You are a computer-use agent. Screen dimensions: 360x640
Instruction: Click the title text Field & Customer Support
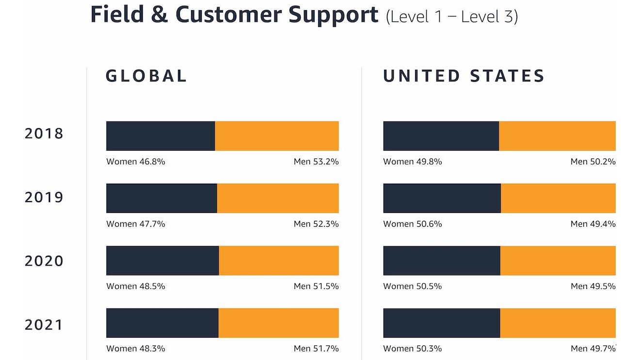coord(234,15)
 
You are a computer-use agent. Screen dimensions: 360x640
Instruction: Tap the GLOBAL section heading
coord(146,76)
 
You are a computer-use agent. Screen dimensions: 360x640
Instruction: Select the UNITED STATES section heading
coord(464,76)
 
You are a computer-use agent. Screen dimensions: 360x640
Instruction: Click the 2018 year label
coord(44,134)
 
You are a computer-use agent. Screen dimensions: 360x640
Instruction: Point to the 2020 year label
coord(44,261)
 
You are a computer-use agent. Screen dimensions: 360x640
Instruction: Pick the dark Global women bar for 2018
coord(160,136)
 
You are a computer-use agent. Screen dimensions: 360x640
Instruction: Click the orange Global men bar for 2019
coord(278,198)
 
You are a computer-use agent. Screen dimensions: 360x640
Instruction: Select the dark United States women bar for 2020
coord(441,261)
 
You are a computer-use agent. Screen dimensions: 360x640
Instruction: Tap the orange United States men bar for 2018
coord(557,136)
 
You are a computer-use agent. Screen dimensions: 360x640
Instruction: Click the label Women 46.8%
coord(136,162)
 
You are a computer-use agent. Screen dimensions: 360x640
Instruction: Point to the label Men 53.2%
coord(316,162)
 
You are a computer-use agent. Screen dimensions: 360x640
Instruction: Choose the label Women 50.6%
coord(413,224)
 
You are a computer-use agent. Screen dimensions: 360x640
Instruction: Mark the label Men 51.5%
coord(316,286)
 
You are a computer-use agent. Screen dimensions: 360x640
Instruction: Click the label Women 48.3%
coord(136,348)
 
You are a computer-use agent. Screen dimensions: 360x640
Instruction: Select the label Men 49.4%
coord(593,224)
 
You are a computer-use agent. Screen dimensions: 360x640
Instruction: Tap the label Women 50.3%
coord(413,348)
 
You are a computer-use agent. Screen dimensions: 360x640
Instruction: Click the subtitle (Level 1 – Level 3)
coord(452,16)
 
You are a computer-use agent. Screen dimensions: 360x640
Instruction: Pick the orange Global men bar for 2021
coord(278,323)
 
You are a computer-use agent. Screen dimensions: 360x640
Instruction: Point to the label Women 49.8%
coord(413,162)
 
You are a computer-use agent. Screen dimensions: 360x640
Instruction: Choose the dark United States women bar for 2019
coord(442,198)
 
